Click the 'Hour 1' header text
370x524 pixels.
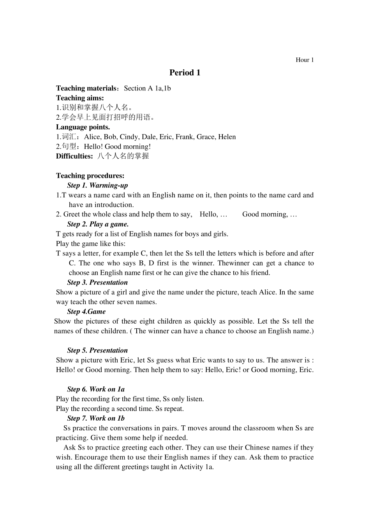click(305, 60)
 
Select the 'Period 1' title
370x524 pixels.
click(185, 73)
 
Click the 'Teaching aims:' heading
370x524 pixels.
click(80, 98)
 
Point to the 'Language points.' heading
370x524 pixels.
click(83, 127)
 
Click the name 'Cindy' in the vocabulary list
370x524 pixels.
click(129, 137)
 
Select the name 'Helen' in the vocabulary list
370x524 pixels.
click(227, 137)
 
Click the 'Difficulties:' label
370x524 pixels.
click(74, 156)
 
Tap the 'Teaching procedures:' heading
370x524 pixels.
click(90, 176)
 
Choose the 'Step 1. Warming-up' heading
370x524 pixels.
click(97, 186)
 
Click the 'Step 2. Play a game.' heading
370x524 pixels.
click(98, 224)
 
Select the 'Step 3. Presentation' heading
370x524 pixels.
click(97, 283)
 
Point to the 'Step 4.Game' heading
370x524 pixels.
click(86, 312)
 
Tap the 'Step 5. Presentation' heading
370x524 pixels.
click(97, 351)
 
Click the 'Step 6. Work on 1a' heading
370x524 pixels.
click(96, 389)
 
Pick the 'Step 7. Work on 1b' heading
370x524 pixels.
click(96, 418)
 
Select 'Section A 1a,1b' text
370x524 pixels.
click(147, 88)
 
